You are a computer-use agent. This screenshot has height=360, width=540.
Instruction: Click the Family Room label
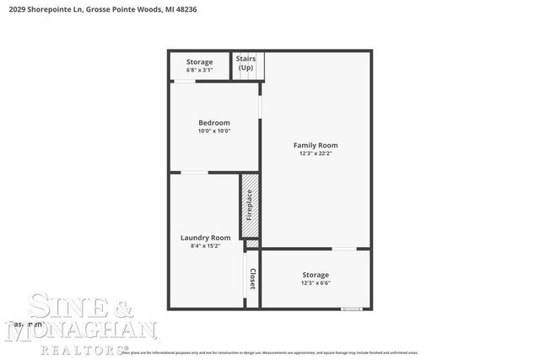(x=315, y=145)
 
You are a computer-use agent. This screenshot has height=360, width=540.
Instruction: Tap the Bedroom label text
(x=213, y=122)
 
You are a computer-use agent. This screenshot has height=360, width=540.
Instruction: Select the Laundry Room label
(x=205, y=237)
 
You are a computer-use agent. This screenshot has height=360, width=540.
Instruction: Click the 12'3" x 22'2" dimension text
(x=315, y=153)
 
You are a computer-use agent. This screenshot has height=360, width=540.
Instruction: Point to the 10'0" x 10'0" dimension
(x=213, y=131)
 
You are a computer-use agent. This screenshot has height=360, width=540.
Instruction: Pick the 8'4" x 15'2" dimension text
(x=205, y=245)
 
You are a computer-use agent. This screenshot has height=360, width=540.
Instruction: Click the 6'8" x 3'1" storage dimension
(x=199, y=70)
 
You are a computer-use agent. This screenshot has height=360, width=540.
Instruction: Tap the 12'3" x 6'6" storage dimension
(x=316, y=283)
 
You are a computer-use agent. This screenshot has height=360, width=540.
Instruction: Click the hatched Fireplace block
(x=249, y=206)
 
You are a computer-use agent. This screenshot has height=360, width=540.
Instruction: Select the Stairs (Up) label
(x=246, y=63)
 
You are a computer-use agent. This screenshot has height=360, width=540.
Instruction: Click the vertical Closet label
(x=251, y=278)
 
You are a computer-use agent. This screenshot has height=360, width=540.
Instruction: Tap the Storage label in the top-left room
(x=199, y=62)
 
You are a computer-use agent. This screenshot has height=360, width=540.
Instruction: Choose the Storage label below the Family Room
(x=316, y=275)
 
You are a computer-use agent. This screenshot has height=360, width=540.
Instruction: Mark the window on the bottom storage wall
(x=352, y=309)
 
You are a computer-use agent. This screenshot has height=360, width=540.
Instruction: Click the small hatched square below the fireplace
(x=251, y=244)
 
